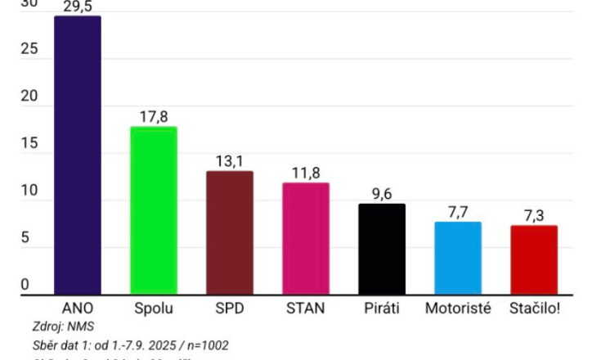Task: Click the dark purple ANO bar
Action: [x=78, y=155]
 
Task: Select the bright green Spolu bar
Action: [x=154, y=210]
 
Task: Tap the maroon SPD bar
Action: [x=230, y=232]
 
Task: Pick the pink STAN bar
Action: [x=306, y=238]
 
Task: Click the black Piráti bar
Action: [x=382, y=249]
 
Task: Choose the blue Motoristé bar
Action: [x=458, y=258]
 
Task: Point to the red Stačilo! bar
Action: [x=534, y=259]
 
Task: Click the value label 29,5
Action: [x=78, y=7]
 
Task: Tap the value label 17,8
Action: [x=154, y=116]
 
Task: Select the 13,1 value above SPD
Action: [x=230, y=161]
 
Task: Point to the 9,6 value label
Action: [x=382, y=194]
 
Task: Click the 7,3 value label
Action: [x=534, y=215]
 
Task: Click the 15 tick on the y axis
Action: [x=29, y=144]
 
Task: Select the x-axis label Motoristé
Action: [x=458, y=308]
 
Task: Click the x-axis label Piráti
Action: [x=382, y=308]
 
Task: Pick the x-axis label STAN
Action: [x=306, y=308]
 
